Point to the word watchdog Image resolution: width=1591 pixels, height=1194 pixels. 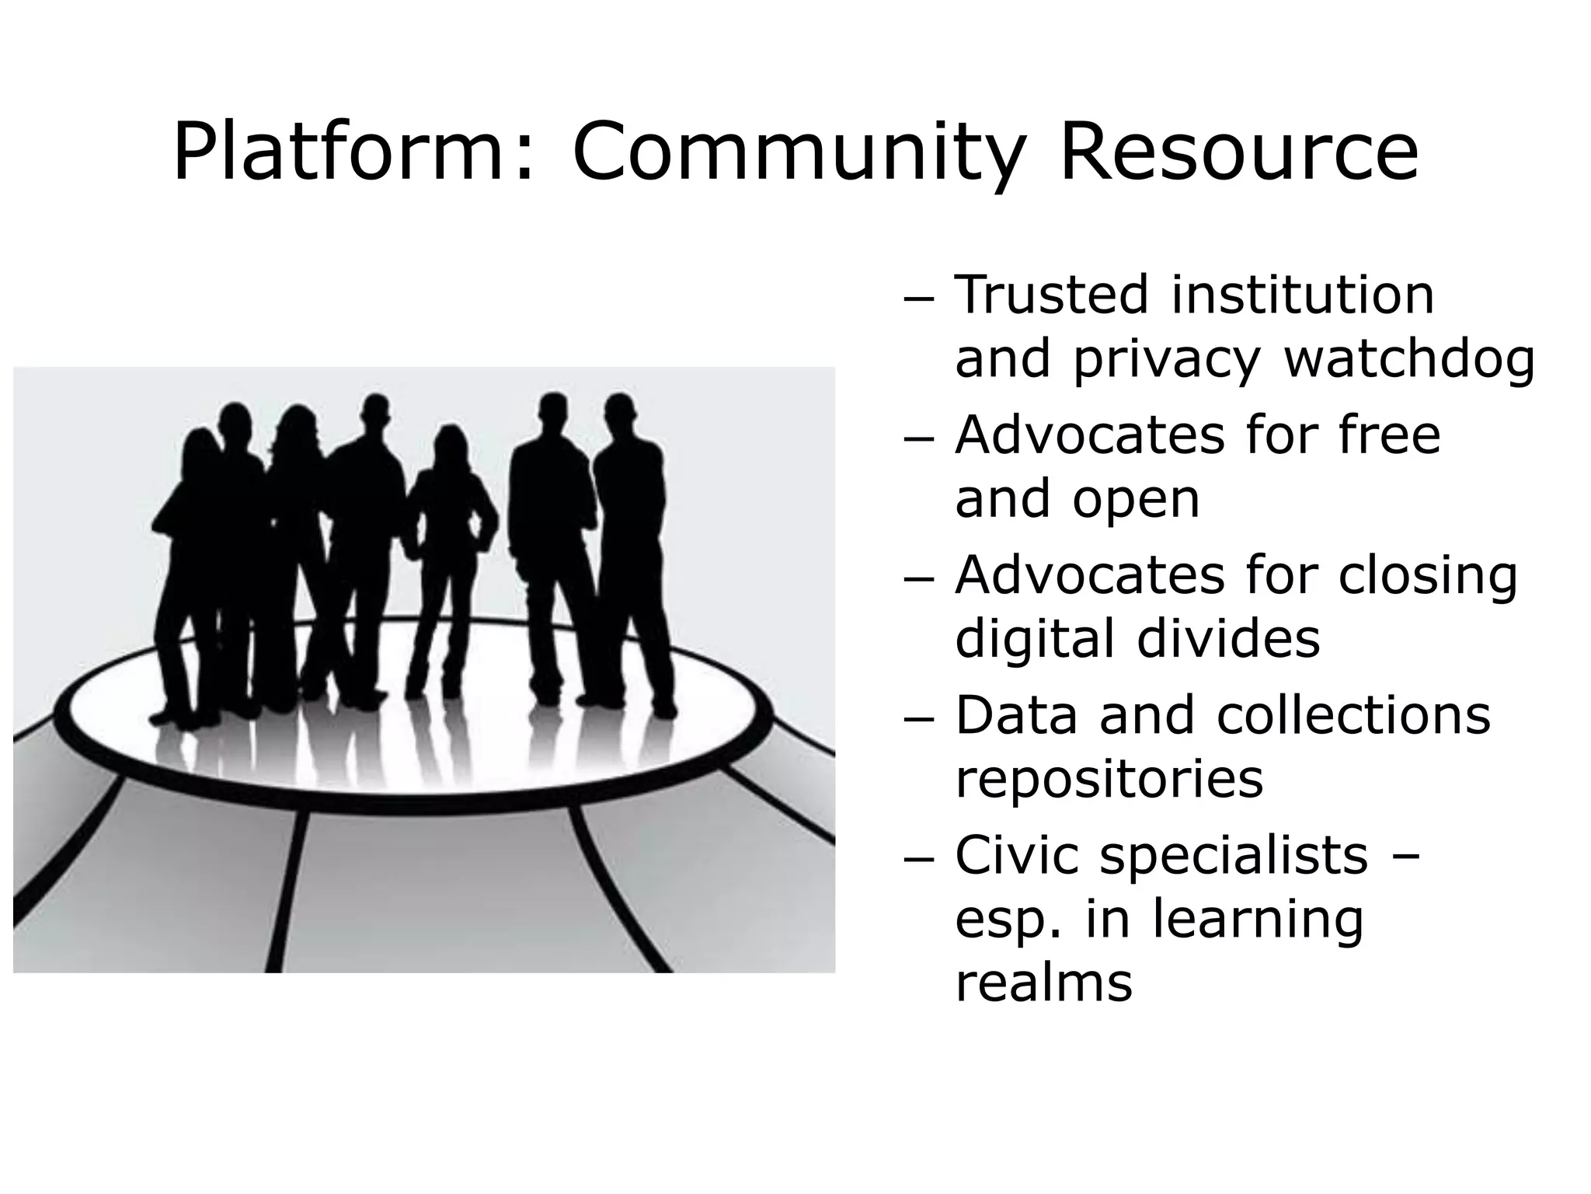coord(1409,360)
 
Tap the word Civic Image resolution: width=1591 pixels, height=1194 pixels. coord(1017,855)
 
